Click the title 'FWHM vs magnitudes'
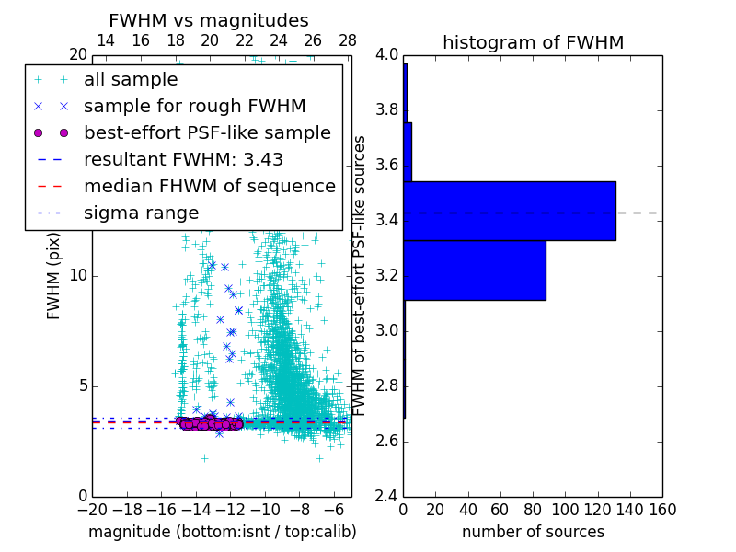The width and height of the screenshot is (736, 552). [x=209, y=21]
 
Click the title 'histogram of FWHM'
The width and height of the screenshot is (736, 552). [x=533, y=42]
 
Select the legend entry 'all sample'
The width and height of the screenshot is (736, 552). [x=131, y=80]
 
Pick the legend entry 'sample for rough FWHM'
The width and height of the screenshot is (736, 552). [x=194, y=107]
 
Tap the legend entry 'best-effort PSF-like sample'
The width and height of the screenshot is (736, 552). [x=207, y=133]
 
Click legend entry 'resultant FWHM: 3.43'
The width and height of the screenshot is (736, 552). [x=183, y=160]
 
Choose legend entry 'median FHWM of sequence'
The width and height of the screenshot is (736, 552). [x=209, y=187]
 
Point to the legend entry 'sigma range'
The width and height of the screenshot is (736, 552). [x=141, y=213]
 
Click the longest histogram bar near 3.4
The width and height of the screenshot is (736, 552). [x=509, y=211]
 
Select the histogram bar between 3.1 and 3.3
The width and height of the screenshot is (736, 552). [x=474, y=270]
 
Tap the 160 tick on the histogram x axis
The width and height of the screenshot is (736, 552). [x=662, y=509]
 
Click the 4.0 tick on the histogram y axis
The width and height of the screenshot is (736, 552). [x=387, y=55]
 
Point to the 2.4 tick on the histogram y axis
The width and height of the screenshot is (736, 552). [x=387, y=496]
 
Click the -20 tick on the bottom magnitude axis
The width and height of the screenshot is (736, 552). [x=92, y=509]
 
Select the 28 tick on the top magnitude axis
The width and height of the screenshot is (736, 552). [x=347, y=41]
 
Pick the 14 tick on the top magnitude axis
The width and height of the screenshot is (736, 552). [x=106, y=41]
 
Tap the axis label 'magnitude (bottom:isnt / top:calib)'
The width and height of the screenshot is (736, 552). [x=222, y=532]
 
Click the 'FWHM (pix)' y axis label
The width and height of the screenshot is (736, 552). [x=54, y=275]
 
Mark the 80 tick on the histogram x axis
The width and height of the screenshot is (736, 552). [x=533, y=509]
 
